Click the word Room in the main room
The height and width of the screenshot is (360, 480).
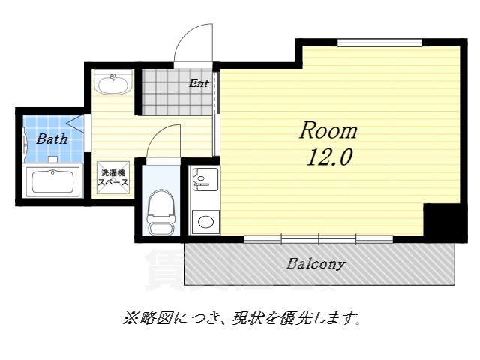coord(328,131)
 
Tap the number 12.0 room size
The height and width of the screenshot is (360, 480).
coord(328,157)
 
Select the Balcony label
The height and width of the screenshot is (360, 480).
coord(316,264)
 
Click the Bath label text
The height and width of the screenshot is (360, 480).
coord(52,139)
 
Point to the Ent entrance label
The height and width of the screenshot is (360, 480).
coord(199,83)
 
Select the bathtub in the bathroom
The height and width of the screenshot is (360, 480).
coord(53,181)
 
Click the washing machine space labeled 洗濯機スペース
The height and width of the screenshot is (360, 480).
coord(115,178)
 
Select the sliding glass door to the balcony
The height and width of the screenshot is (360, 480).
coord(319,238)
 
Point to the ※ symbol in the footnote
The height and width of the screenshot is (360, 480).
coord(127,319)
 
